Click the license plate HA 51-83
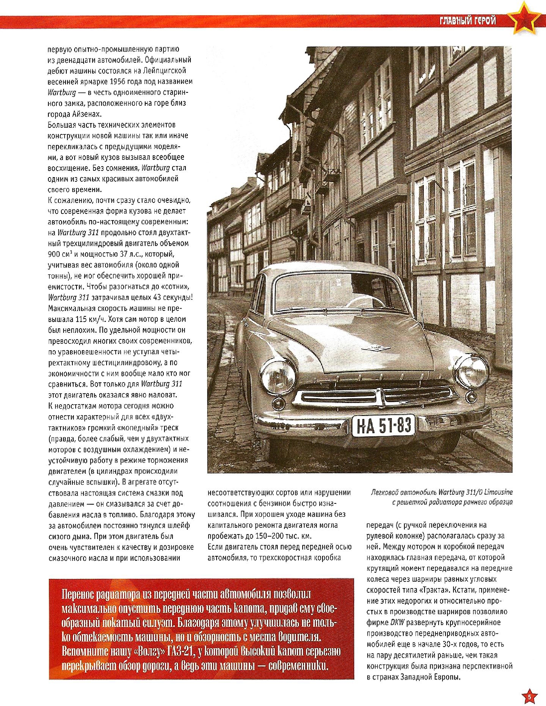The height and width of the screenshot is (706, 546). click(x=386, y=426)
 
